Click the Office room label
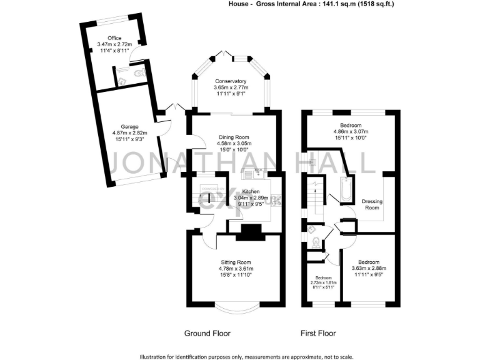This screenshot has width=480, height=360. click(x=114, y=38)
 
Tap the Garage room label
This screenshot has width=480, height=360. click(x=130, y=126)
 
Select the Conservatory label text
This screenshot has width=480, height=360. click(x=231, y=81)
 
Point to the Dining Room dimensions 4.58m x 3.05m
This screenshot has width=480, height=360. click(x=233, y=143)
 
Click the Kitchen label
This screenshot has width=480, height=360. click(x=242, y=191)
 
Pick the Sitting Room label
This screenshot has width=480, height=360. click(x=236, y=262)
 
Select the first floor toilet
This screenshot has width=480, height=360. click(x=316, y=242)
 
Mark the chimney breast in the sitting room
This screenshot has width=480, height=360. click(x=250, y=232)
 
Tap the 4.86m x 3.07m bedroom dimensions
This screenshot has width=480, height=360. click(x=351, y=132)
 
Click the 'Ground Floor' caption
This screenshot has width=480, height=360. click(x=207, y=334)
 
